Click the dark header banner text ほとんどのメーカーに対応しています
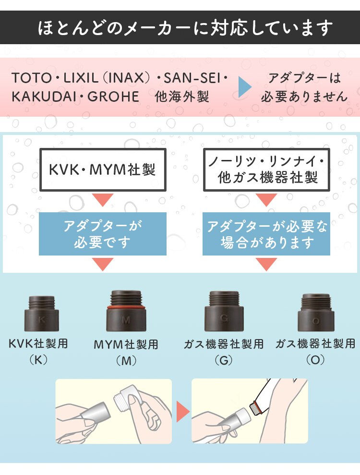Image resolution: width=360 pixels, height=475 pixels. (185, 28)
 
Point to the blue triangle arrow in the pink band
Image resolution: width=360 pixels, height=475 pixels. (245, 87)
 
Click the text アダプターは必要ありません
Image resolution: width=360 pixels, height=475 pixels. (304, 87)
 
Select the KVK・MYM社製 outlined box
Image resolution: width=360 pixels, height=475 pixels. (102, 170)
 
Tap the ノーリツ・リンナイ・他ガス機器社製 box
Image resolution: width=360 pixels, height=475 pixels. (266, 170)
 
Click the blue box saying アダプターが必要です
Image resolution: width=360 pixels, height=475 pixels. (102, 234)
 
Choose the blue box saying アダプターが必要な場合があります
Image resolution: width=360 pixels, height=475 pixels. (266, 234)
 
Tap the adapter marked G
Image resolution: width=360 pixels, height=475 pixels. (224, 313)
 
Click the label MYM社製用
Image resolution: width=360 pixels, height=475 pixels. (126, 344)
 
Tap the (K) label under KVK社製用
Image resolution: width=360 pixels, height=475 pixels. (38, 359)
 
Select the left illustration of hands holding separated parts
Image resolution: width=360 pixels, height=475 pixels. (114, 411)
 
